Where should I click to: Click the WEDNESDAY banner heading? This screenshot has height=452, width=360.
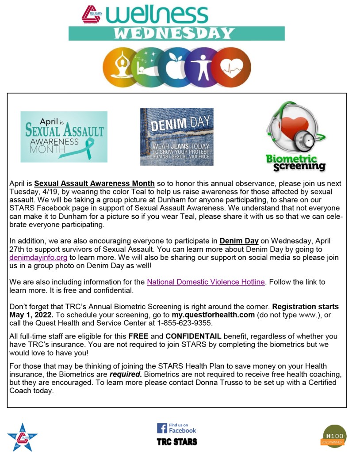176,33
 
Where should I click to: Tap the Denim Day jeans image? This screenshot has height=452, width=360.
176,137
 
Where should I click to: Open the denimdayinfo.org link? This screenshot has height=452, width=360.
38,258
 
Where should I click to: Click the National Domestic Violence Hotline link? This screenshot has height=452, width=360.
206,282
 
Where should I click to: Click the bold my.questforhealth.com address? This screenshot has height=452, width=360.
213,315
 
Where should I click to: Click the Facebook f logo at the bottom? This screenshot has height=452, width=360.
162,428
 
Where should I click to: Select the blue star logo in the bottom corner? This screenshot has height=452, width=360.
22,437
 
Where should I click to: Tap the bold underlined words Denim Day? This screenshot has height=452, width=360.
239,241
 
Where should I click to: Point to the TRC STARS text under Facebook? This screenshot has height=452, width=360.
177,442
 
